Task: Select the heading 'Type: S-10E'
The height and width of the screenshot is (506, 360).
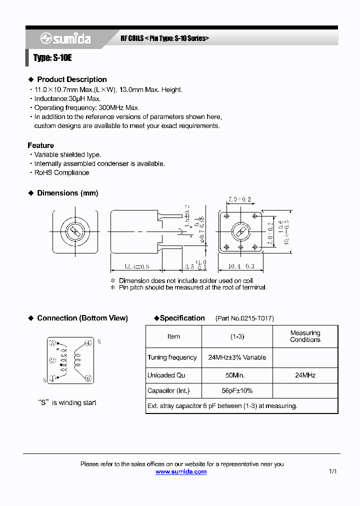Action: click(x=52, y=58)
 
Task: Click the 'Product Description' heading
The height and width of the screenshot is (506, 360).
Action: click(x=71, y=79)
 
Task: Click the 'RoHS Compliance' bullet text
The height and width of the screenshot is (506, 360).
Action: click(x=61, y=172)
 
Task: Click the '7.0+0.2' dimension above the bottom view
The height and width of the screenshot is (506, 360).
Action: click(x=239, y=199)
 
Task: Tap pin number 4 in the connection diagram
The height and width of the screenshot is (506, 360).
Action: click(x=88, y=343)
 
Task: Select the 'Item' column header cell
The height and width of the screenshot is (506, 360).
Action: click(x=173, y=336)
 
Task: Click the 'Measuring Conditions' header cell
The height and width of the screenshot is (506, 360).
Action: click(x=305, y=336)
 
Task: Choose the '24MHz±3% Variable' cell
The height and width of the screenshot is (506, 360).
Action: click(x=237, y=357)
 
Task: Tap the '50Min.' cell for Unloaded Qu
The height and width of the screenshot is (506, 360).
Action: click(x=237, y=375)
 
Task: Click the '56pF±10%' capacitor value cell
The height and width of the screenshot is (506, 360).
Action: click(x=237, y=390)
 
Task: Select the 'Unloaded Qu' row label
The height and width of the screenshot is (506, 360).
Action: click(x=166, y=375)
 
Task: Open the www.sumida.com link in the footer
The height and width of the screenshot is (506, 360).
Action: click(x=181, y=471)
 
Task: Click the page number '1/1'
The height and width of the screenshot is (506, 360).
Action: click(x=333, y=471)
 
